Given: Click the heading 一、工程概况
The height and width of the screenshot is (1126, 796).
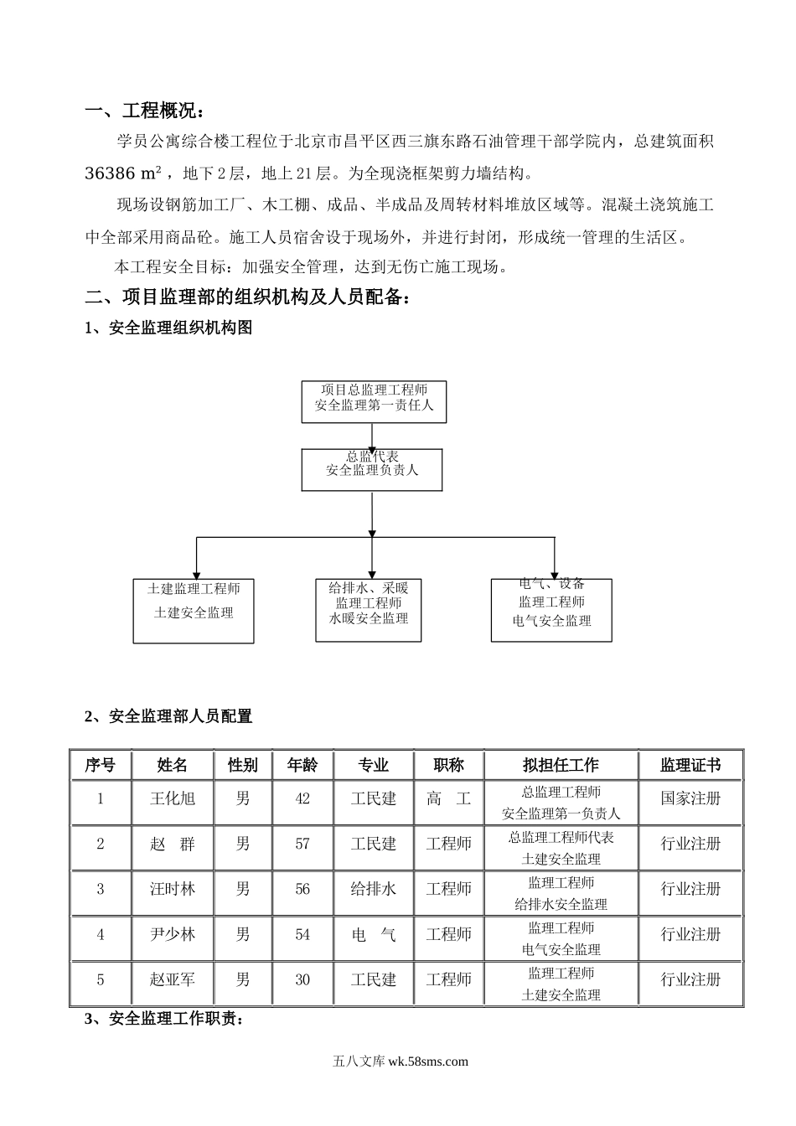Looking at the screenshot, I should [x=144, y=111].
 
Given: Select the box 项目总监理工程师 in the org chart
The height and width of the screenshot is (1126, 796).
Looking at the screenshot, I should [x=374, y=401].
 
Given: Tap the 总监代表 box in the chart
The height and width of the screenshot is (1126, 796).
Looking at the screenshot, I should [x=371, y=469].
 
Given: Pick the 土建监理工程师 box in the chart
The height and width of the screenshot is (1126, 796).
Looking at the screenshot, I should [x=194, y=611].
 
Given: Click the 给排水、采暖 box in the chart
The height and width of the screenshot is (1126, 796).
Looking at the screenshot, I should [x=369, y=610].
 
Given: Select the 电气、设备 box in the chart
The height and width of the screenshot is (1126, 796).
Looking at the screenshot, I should [x=551, y=610].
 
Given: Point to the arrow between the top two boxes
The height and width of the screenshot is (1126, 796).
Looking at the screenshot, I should [x=371, y=435].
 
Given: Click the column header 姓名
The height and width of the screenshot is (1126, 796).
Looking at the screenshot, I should [x=173, y=765].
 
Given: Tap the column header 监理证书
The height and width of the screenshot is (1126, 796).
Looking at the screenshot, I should [x=690, y=765].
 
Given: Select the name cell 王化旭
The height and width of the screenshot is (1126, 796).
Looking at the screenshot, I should [x=173, y=799].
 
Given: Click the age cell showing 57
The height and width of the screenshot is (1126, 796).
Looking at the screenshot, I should [x=302, y=844].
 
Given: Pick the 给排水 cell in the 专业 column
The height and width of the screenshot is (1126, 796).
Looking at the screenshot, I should [x=373, y=890].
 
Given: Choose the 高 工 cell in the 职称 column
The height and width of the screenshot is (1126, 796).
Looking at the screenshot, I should [x=448, y=799].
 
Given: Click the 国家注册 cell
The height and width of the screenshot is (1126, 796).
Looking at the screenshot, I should [x=690, y=799].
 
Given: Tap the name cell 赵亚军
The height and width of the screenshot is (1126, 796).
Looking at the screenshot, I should [x=173, y=980].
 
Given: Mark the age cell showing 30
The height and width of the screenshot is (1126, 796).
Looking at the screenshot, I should [x=302, y=980].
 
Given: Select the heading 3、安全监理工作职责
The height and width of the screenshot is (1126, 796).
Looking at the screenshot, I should [x=164, y=1020].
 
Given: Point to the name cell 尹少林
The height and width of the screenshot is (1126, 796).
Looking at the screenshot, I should [x=173, y=935].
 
